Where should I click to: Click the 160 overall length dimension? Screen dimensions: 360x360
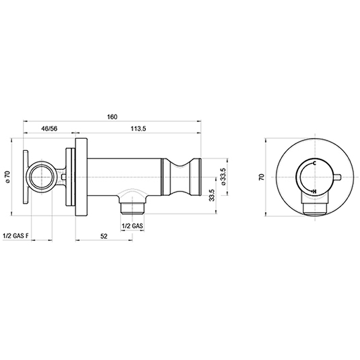(112, 117)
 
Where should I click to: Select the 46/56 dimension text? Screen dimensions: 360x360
(49, 129)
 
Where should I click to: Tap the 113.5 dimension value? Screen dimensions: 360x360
(139, 129)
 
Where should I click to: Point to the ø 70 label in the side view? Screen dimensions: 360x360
(8, 177)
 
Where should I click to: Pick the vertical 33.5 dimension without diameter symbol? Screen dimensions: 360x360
(211, 195)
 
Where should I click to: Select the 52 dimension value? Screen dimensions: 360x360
(104, 236)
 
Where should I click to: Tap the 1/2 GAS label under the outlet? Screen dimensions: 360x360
(132, 226)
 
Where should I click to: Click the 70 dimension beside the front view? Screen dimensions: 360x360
(262, 177)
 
